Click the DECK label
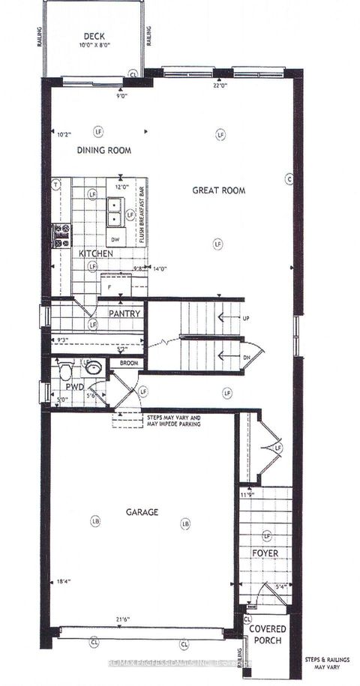94,35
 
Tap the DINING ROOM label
104,150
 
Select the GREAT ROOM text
218,190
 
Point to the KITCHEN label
97,254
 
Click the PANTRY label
124,313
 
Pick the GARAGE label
142,513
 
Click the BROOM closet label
123,363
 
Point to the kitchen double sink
115,211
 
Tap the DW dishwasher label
115,240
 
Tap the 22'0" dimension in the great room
218,85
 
